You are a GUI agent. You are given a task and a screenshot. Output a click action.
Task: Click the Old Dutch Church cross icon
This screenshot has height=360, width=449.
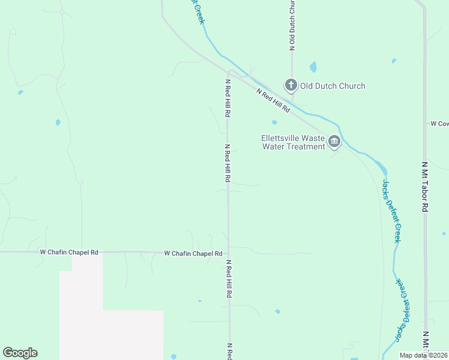[291, 85]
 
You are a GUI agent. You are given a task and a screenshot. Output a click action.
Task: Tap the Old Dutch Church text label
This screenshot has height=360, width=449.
[333, 86]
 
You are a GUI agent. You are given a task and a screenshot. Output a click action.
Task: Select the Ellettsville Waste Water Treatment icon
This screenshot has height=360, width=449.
[334, 142]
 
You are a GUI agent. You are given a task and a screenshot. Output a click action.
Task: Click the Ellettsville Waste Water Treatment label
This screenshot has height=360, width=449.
[293, 142]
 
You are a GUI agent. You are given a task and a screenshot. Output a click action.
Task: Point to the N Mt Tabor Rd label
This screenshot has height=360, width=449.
[424, 187]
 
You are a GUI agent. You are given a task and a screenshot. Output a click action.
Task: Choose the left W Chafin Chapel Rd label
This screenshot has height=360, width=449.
[68, 253]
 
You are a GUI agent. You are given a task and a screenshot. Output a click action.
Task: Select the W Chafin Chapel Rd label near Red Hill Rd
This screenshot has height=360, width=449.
[193, 254]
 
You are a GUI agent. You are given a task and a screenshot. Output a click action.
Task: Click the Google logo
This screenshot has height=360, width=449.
[20, 353]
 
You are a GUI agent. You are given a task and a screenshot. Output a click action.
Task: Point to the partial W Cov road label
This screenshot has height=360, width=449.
[439, 124]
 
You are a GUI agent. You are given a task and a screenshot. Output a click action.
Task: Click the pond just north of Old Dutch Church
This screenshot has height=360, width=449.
[313, 67]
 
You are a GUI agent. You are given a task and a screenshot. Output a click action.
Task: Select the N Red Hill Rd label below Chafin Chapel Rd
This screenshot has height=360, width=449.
[228, 279]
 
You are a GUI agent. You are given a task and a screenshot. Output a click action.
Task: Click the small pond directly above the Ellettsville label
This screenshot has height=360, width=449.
[274, 122]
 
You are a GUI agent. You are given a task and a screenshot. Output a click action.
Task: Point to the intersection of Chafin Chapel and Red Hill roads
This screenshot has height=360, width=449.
[228, 252]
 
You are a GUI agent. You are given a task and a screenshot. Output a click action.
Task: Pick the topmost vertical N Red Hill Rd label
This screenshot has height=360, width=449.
[228, 98]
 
